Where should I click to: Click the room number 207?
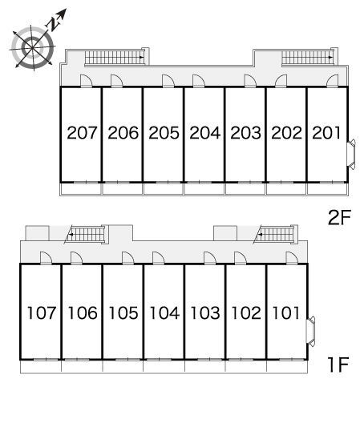coord(82,133)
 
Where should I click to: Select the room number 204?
coord(205,133)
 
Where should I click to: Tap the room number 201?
coord(326,133)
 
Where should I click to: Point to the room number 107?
coord(42,313)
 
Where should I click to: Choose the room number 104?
coord(164,313)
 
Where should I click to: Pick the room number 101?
coord(286,313)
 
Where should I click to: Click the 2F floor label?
coord(339,217)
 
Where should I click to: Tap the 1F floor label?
coord(338,365)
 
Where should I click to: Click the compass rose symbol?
coord(33,48)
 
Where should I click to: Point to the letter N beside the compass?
coord(53,24)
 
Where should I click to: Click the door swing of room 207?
coord(87,81)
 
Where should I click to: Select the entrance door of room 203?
coord(250,81)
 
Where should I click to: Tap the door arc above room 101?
coord(292,258)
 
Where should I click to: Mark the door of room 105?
coord(128,258)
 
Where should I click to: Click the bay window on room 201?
coord(351,155)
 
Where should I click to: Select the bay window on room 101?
coord(311,332)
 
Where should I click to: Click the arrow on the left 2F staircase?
coord(141,57)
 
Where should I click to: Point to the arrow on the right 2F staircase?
coord(330,57)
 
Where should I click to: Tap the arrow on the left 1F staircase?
coord(71,235)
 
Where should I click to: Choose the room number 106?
coord(83,313)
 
